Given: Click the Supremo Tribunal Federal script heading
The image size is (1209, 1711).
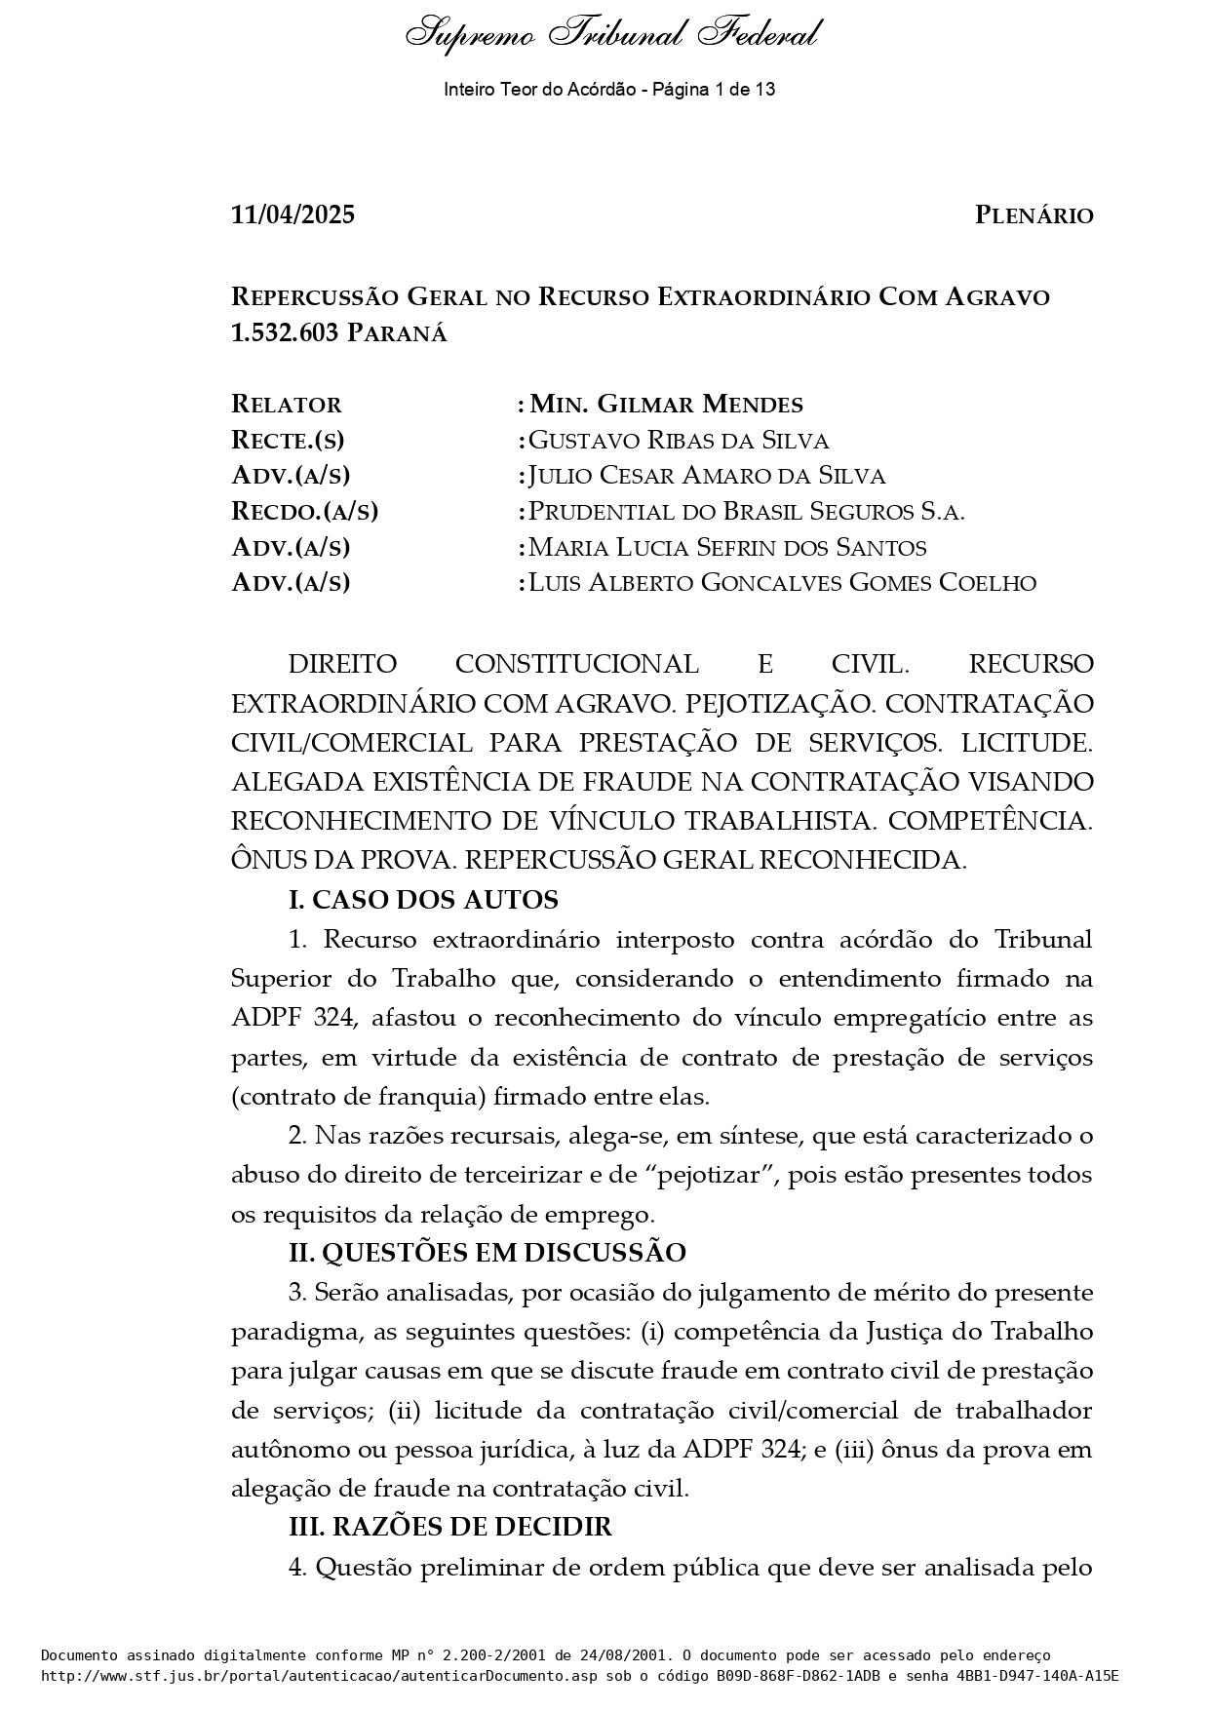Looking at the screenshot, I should [x=611, y=35].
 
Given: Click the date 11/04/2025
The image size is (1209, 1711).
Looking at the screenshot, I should [x=292, y=215].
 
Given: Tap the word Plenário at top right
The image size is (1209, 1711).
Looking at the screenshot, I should [x=1033, y=215].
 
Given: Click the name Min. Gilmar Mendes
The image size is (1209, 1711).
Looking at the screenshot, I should [x=666, y=405].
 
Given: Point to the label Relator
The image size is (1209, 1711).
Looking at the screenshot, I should [x=287, y=405].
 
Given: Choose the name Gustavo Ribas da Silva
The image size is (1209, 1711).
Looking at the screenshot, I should [x=679, y=441].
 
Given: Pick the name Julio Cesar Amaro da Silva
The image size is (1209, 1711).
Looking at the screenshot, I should [x=707, y=476].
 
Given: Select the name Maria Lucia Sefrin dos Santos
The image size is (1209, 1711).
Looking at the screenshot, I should [x=727, y=547].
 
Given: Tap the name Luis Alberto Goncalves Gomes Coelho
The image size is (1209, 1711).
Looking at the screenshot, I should [x=782, y=583].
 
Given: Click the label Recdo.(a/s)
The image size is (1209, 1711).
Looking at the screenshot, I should [x=304, y=512].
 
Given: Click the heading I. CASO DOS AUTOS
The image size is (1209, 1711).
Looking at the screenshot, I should [x=423, y=900].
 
